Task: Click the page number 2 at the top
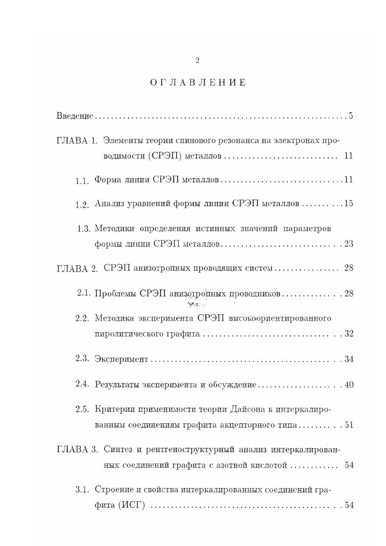click(x=197, y=60)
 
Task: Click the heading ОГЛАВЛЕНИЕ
click(x=198, y=83)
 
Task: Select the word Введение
click(x=74, y=116)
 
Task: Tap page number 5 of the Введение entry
click(x=350, y=116)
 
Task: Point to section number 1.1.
click(x=82, y=181)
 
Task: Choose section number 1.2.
click(x=82, y=205)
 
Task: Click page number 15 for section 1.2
click(x=348, y=203)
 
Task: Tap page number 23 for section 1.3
click(x=348, y=244)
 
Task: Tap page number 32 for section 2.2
click(x=348, y=334)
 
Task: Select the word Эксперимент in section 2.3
click(x=121, y=359)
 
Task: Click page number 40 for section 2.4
click(x=348, y=384)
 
